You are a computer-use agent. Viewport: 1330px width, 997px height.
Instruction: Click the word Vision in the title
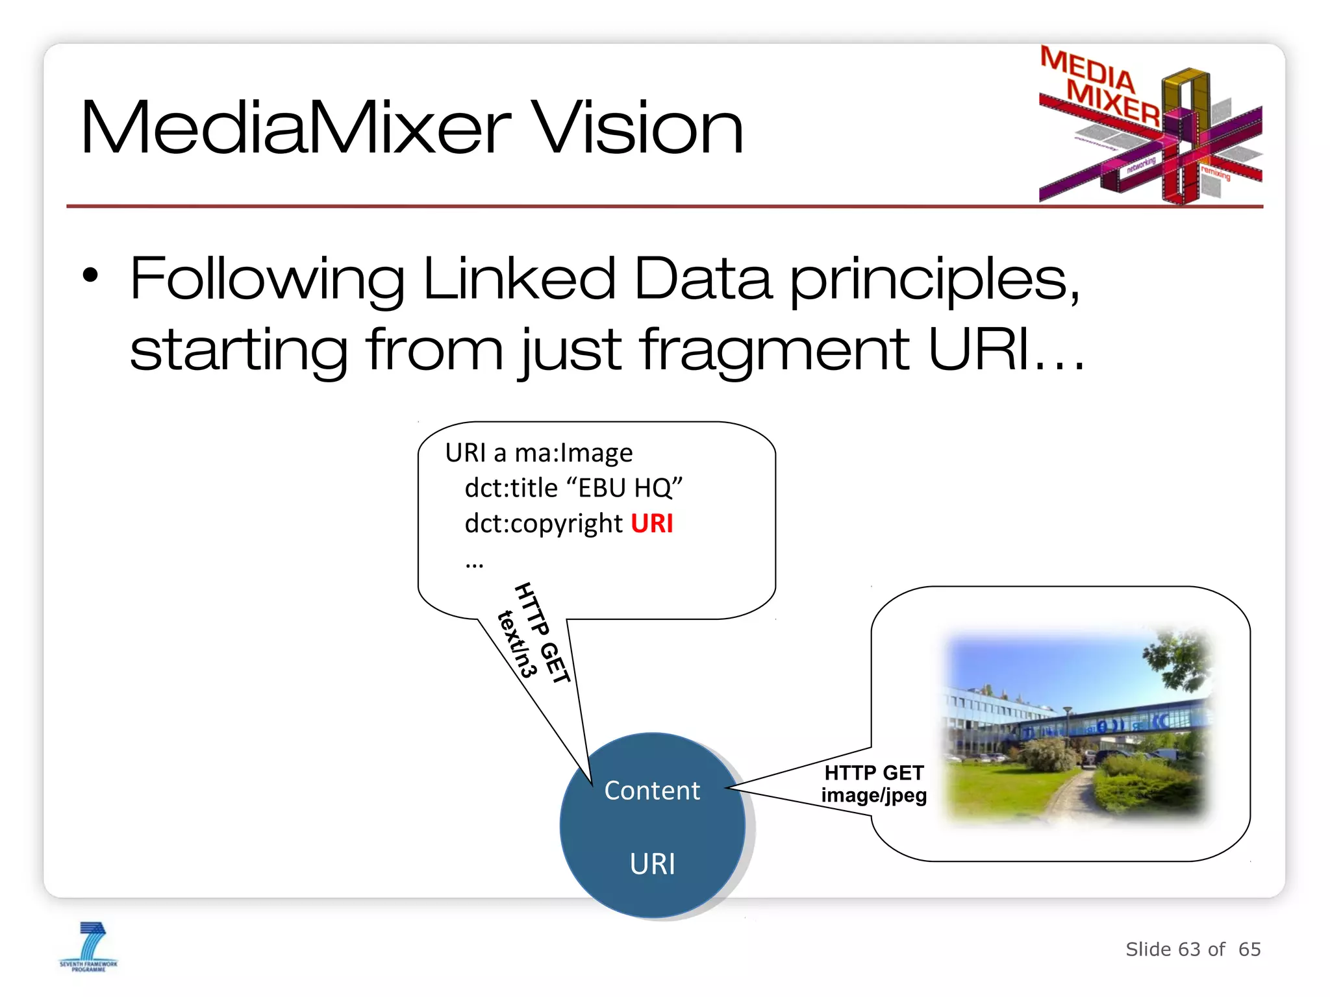coord(640,128)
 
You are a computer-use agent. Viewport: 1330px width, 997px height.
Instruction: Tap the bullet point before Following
coord(90,275)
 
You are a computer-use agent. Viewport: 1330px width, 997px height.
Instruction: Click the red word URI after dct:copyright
coord(651,523)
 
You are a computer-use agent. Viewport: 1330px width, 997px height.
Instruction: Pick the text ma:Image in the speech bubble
coord(573,452)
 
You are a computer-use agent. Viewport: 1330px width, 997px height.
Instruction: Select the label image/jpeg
coord(873,795)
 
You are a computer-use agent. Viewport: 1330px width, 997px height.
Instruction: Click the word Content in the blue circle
coord(652,791)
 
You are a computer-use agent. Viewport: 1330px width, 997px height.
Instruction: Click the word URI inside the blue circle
coord(652,864)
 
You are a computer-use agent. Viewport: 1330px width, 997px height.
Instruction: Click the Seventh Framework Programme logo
coord(89,946)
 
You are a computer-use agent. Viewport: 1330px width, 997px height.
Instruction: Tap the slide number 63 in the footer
coord(1188,949)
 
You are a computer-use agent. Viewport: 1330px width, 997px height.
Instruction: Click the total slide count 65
coord(1249,949)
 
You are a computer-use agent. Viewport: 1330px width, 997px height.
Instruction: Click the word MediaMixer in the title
coord(296,128)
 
